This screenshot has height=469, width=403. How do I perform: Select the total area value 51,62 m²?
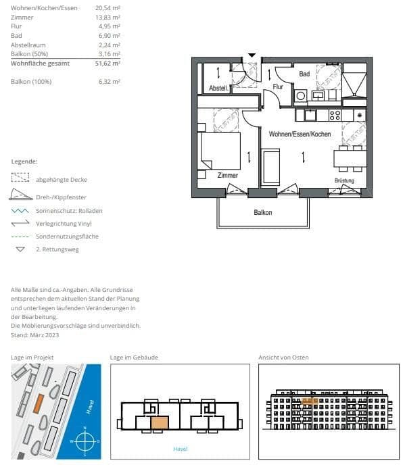tap(108, 63)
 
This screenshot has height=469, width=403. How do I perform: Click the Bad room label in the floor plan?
tap(304, 74)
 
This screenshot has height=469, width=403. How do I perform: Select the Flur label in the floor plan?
tap(277, 87)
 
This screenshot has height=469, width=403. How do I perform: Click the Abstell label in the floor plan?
tap(218, 88)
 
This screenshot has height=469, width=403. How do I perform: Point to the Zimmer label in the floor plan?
tap(227, 174)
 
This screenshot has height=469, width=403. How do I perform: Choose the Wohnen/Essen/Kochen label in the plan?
tap(300, 134)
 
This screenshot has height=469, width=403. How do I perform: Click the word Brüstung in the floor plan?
tap(344, 180)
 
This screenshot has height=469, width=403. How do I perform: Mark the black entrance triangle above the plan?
tap(252, 55)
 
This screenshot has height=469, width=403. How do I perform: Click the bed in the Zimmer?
tap(220, 151)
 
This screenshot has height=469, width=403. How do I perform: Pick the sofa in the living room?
tap(271, 167)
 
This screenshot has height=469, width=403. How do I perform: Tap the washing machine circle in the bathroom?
tap(300, 96)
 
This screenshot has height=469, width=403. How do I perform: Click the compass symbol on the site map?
tap(84, 441)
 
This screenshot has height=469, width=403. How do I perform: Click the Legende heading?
tap(24, 162)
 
